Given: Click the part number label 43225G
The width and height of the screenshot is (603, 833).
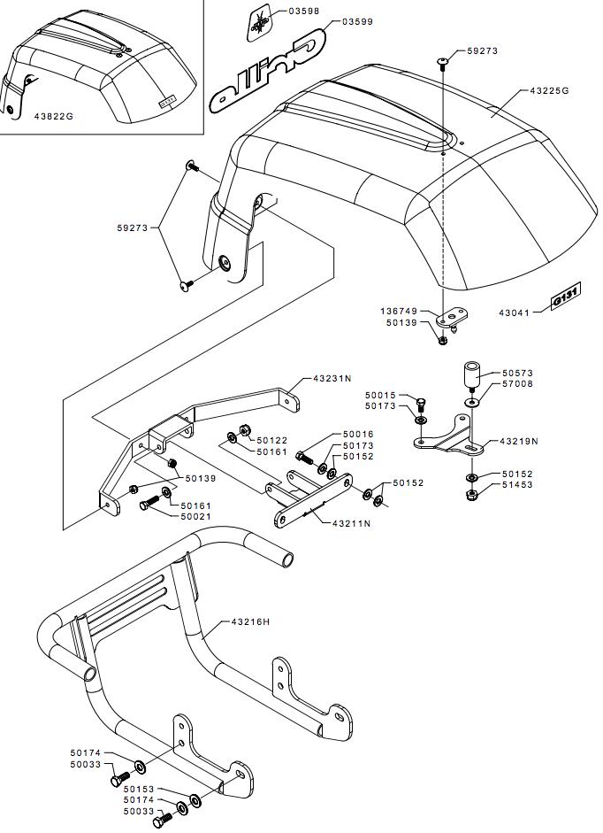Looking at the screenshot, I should tap(549, 90).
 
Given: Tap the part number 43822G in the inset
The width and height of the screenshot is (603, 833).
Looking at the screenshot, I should tap(53, 115).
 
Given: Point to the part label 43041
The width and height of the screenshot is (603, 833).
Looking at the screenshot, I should tap(517, 312).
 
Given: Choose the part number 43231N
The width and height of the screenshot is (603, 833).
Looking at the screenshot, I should tap(333, 378).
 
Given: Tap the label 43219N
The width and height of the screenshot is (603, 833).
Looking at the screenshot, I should tap(519, 441).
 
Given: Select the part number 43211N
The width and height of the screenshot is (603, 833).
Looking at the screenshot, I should tap(351, 524).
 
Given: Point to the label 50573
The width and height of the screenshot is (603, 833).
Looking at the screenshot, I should tap(520, 374).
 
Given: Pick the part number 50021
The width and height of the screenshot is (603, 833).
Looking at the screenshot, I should tap(197, 516).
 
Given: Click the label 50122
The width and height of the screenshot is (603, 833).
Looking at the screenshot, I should tap(272, 440).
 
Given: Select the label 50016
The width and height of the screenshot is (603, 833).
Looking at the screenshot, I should tap(358, 435).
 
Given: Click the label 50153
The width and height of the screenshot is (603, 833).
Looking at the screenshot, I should tap(139, 789).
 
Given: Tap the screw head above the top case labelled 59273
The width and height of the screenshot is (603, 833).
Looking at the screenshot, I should tap(443, 60).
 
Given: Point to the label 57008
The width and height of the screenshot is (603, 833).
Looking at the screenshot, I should tap(520, 385).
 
